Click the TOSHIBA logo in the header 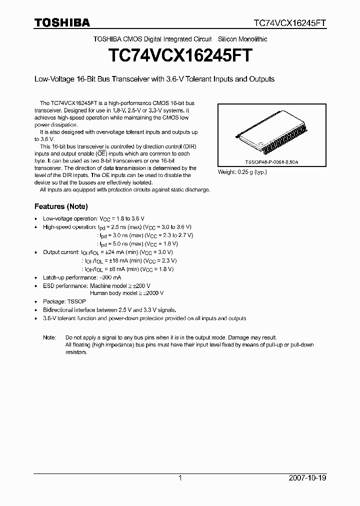pos(62,22)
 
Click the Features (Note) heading pos(61,206)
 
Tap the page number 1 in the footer pos(180,478)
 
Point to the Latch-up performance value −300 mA pos(110,277)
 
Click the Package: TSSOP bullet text pos(61,301)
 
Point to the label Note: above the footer pos(49,337)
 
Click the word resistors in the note pos(76,352)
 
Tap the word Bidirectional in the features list pos(59,310)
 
